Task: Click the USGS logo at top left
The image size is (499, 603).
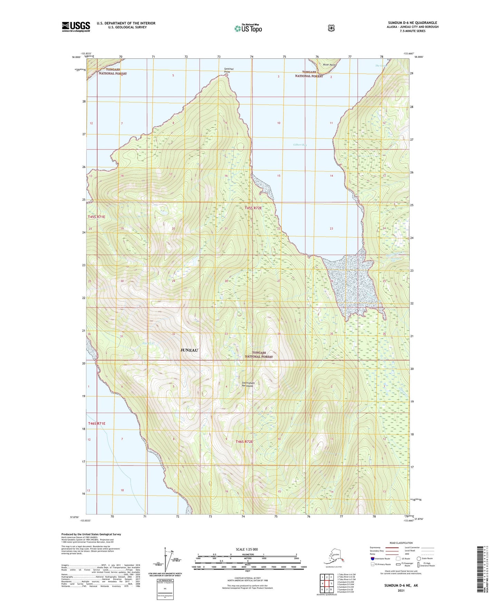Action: tap(76, 27)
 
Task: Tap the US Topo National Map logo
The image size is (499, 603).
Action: tap(248, 28)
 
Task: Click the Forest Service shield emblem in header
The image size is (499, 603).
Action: tap(331, 28)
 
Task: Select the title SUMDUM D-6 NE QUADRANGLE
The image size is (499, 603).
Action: tap(412, 23)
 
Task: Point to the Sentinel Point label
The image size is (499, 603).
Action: tap(229, 70)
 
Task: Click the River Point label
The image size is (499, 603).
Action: tap(329, 65)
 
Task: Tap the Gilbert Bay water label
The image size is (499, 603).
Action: tap(299, 145)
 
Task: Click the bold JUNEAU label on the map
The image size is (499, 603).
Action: tap(189, 350)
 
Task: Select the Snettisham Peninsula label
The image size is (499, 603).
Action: tap(248, 384)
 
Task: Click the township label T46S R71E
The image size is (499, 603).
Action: tap(96, 423)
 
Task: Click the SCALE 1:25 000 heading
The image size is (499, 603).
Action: tap(247, 549)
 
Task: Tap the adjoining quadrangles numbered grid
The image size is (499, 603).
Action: tap(326, 583)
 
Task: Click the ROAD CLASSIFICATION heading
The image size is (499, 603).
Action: tap(401, 543)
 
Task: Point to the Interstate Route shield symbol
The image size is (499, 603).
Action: tap(372, 558)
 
